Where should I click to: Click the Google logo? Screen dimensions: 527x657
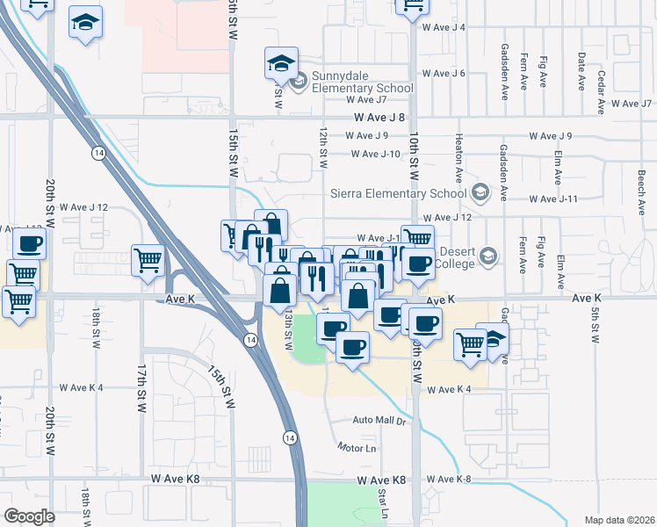pos(29,516)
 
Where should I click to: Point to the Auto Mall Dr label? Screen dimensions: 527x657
pos(382,422)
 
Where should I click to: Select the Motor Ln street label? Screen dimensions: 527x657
pos(357,447)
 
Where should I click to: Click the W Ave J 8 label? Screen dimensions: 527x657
pos(379,117)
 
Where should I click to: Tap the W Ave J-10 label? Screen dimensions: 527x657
pos(375,154)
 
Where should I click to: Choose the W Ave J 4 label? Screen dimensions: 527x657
pos(444,27)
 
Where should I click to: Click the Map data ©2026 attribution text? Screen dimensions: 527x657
pos(618,519)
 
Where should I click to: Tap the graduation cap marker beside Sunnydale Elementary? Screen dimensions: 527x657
pos(281,63)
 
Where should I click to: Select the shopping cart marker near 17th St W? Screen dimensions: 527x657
pos(148,259)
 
